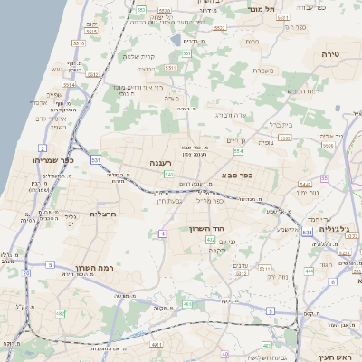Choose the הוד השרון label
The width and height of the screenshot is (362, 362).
[214, 230]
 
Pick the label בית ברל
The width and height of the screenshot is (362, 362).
[281, 125]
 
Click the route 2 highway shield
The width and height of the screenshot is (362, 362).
[42, 147]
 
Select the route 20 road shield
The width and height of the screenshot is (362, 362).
[26, 271]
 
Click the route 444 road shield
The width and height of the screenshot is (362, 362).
[309, 271]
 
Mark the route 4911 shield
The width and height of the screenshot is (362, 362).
[157, 344]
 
